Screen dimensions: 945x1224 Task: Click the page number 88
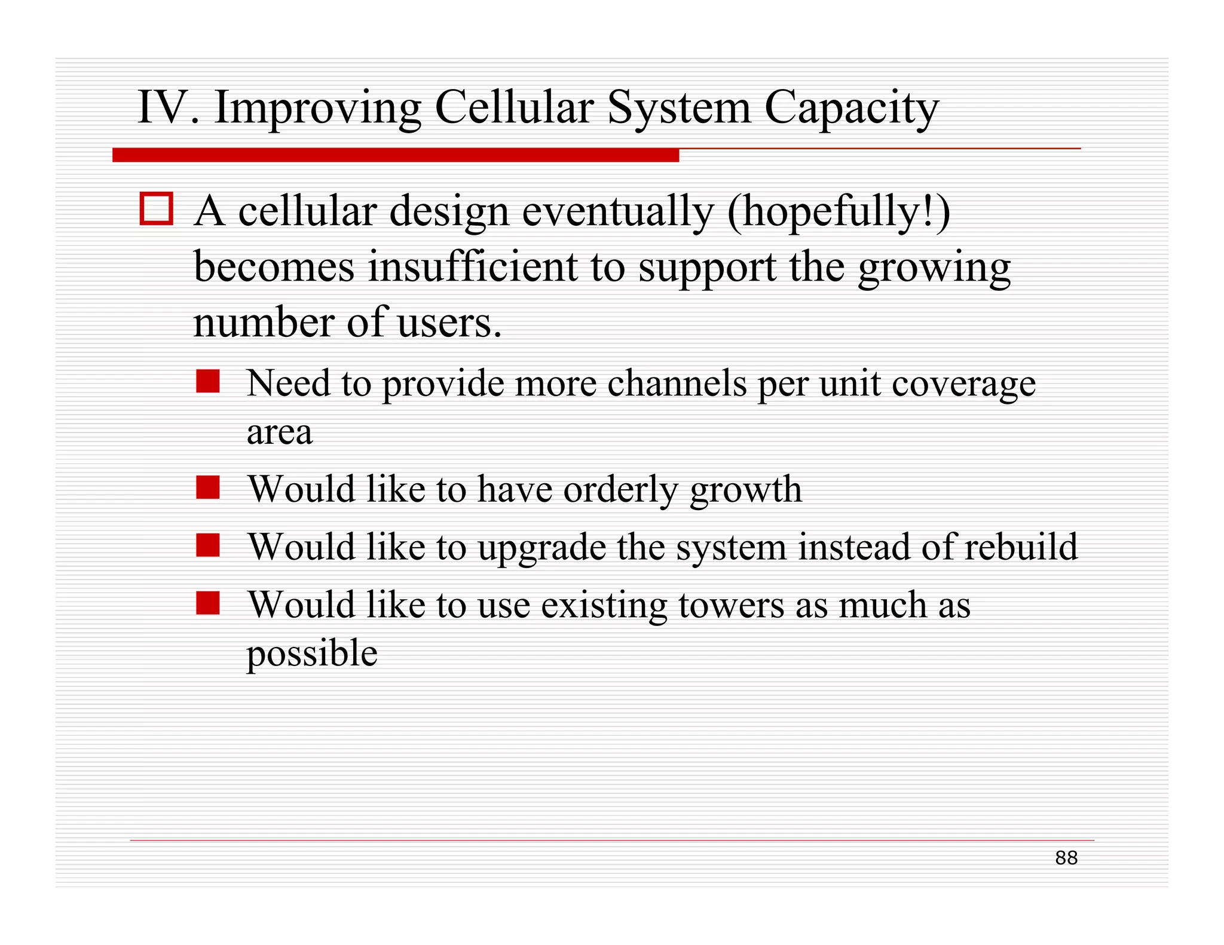click(x=1066, y=858)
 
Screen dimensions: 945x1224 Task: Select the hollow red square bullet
click(x=157, y=208)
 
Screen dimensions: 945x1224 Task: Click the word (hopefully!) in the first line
click(x=839, y=212)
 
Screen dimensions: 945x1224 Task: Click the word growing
click(x=934, y=269)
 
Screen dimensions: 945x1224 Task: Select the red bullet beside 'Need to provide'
click(x=208, y=381)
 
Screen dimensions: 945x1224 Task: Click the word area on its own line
click(x=279, y=432)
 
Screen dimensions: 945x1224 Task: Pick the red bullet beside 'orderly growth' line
click(x=208, y=487)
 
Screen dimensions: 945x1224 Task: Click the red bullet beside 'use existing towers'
click(x=208, y=603)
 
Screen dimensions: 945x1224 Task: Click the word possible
click(x=312, y=654)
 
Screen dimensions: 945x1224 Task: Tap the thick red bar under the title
click(x=395, y=155)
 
